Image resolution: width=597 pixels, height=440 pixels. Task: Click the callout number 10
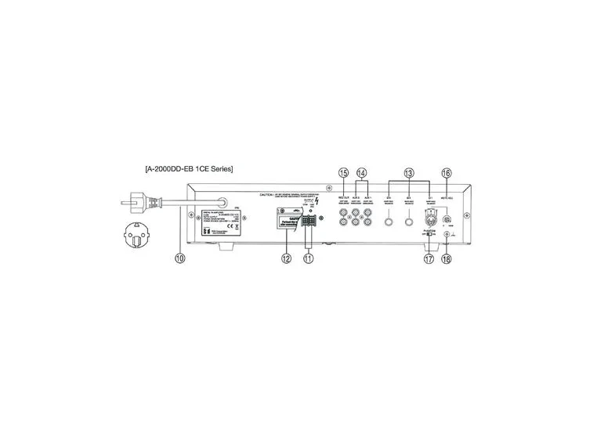click(179, 258)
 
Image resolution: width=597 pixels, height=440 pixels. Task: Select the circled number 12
click(286, 258)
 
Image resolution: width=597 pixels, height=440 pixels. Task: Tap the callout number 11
click(308, 258)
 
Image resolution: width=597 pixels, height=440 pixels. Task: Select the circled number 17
click(429, 259)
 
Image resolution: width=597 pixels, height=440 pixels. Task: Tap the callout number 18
click(447, 259)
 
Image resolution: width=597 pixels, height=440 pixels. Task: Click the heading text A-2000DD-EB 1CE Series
click(188, 168)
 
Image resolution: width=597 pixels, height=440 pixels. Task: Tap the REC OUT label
click(342, 197)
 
